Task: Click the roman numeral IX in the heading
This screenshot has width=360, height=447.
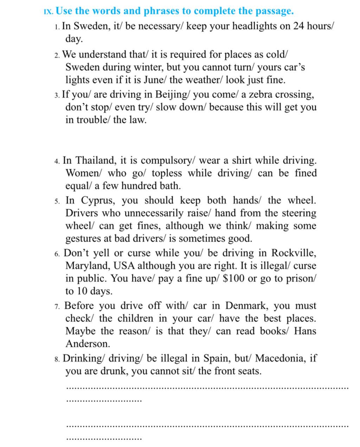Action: tap(48, 12)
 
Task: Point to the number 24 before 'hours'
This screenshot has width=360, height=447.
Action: tap(298, 26)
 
